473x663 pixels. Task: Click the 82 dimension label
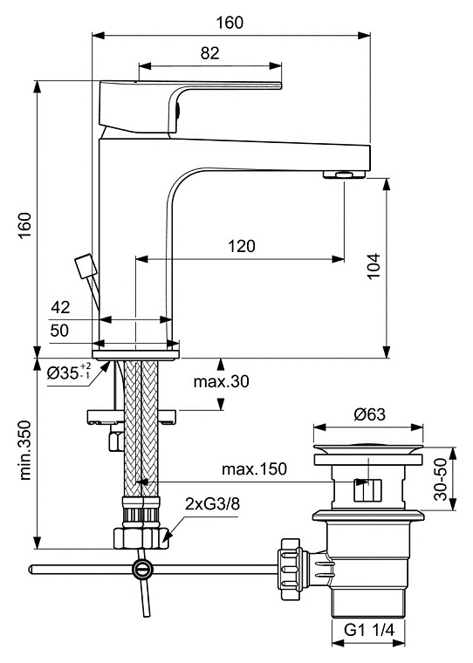210,53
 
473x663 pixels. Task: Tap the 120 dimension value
242,246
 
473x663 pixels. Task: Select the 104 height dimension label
374,266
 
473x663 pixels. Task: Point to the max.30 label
222,381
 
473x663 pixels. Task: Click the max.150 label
254,468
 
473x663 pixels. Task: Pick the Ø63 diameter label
370,414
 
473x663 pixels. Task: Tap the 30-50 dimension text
441,479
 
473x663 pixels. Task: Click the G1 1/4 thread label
369,631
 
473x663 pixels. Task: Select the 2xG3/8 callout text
212,504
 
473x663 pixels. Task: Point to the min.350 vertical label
26,450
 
